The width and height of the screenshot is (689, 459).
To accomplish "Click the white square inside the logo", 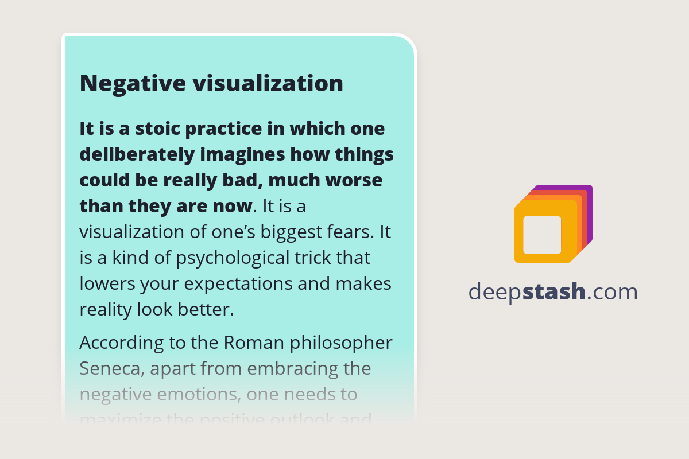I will point(542,235).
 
